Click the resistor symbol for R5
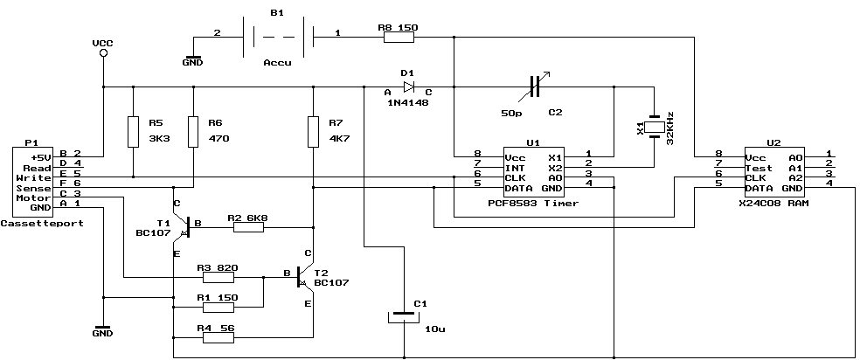133,132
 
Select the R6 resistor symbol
192,132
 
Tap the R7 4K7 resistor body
313,132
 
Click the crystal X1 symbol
654,128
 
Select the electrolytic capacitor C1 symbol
403,315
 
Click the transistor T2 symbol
302,277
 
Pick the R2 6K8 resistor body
248,227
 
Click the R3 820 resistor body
218,278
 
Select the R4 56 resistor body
218,336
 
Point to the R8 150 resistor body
398,37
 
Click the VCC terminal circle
103,54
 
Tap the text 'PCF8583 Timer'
532,203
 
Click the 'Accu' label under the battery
277,63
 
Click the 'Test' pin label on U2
760,168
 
